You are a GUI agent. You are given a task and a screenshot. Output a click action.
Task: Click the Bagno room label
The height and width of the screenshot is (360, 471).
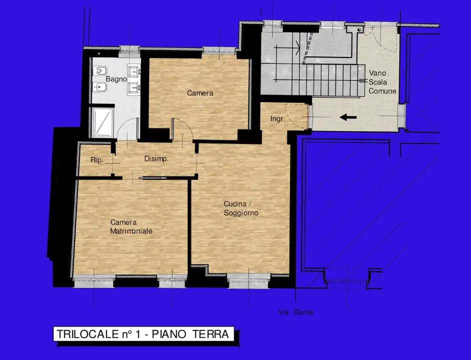click(x=116, y=79)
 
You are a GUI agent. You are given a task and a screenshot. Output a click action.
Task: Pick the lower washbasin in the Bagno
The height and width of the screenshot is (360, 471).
click(x=133, y=89)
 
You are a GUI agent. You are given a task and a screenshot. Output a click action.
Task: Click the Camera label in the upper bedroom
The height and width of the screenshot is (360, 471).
click(x=200, y=93)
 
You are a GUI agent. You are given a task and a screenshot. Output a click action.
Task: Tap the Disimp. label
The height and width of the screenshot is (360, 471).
click(x=156, y=159)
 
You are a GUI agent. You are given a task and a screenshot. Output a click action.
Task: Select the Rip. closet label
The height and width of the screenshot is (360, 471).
click(x=96, y=160)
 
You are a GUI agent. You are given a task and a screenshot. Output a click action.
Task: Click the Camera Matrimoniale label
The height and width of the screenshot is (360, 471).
click(x=131, y=226)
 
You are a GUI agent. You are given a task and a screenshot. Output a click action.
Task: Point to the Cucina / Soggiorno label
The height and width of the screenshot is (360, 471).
click(x=241, y=208)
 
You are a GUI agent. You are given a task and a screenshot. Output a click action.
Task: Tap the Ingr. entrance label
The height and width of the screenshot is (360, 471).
click(x=277, y=119)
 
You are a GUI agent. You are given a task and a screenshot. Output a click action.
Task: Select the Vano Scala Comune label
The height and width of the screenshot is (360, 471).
click(x=382, y=82)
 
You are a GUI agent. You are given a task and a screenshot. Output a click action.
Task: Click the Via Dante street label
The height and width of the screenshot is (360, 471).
click(x=295, y=312)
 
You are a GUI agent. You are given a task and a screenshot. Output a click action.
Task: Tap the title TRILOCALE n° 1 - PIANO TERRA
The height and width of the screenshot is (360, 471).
click(x=143, y=333)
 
